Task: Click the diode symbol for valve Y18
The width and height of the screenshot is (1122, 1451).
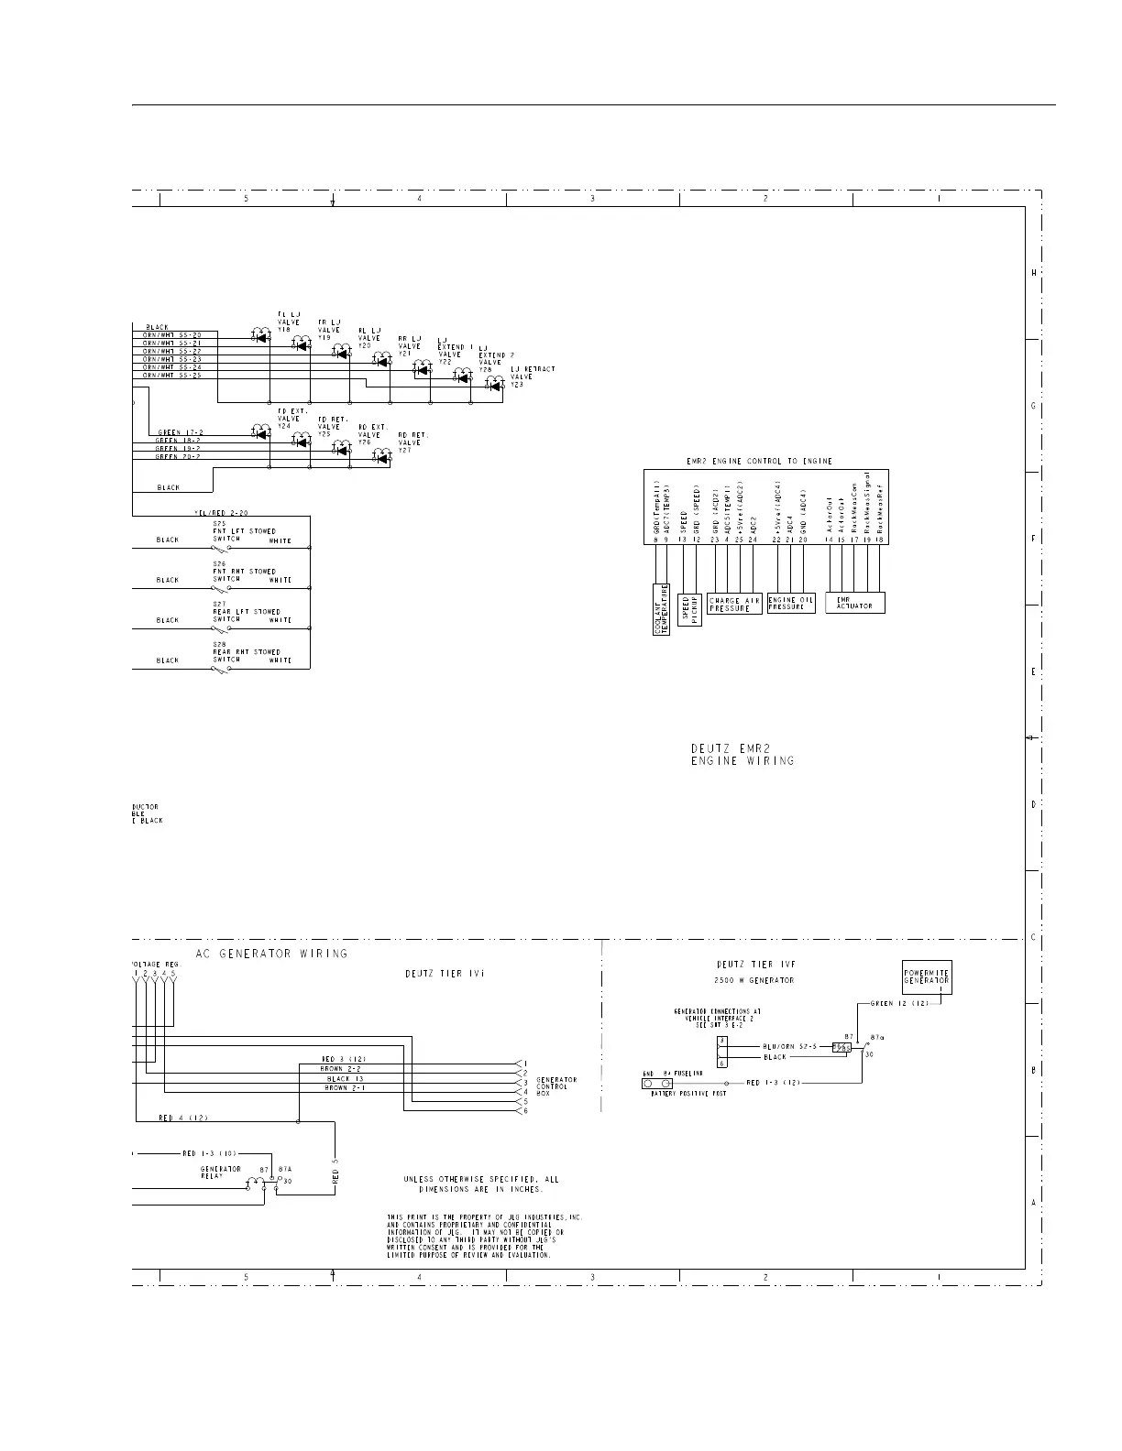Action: pyautogui.click(x=261, y=336)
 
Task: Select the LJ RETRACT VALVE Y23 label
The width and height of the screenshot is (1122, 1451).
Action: pyautogui.click(x=532, y=376)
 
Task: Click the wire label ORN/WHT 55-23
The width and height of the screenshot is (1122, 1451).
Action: pyautogui.click(x=172, y=359)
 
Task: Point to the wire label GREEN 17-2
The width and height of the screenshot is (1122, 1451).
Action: pyautogui.click(x=180, y=432)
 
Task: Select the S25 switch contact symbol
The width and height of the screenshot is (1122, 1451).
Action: pyautogui.click(x=221, y=548)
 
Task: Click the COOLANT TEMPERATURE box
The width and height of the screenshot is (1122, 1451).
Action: pyautogui.click(x=662, y=609)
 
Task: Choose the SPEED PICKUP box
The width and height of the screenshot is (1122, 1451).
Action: pyautogui.click(x=689, y=611)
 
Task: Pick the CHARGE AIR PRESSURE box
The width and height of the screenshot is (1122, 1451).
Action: pyautogui.click(x=734, y=605)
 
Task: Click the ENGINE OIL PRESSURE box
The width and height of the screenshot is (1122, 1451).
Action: pyautogui.click(x=790, y=604)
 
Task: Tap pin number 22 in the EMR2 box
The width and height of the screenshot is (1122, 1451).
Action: pyautogui.click(x=776, y=540)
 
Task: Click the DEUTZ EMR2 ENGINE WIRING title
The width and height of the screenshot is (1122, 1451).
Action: pyautogui.click(x=742, y=754)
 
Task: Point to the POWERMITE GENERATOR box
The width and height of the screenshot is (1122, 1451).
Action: pyautogui.click(x=927, y=976)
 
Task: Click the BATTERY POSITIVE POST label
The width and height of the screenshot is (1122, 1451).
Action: pyautogui.click(x=687, y=1094)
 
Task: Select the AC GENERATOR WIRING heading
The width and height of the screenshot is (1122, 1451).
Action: pyautogui.click(x=272, y=954)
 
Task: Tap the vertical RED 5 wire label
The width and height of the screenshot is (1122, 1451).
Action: pyautogui.click(x=335, y=1174)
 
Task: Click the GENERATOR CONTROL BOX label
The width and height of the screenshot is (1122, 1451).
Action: pyautogui.click(x=556, y=1086)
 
